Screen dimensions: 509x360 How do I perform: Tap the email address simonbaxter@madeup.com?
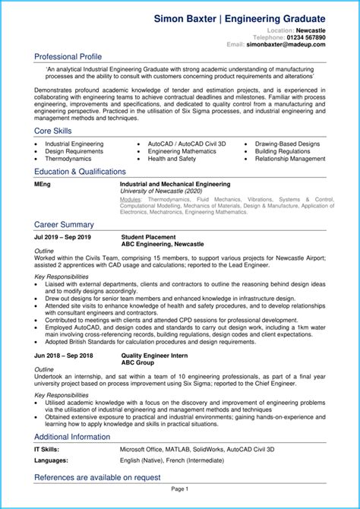click(x=286, y=45)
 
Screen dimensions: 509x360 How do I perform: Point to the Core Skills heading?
click(x=54, y=131)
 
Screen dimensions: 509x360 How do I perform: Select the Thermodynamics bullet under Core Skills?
click(x=69, y=159)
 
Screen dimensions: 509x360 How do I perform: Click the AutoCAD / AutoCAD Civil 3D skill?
click(x=186, y=143)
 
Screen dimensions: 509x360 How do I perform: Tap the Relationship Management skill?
click(x=295, y=159)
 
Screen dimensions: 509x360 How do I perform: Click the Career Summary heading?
click(x=64, y=224)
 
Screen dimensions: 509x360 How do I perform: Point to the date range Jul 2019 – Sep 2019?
click(x=62, y=237)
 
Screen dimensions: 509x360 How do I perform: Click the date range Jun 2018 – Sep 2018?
click(x=63, y=356)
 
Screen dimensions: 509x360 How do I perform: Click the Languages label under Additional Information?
click(x=50, y=461)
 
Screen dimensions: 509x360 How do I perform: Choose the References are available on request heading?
click(x=97, y=477)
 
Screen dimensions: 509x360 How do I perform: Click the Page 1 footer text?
click(x=179, y=489)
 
